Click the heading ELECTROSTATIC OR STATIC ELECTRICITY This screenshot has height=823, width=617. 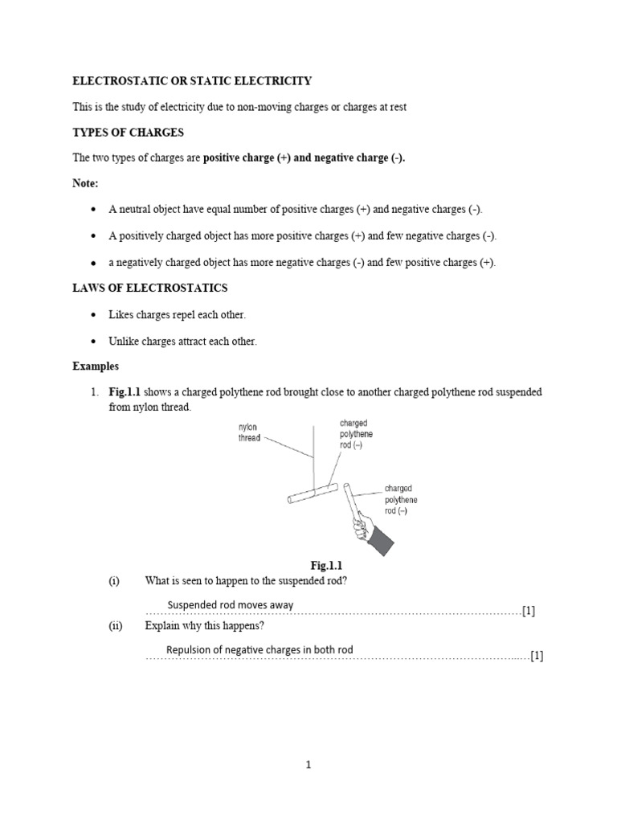tap(192, 81)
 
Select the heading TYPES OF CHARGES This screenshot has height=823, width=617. tap(129, 132)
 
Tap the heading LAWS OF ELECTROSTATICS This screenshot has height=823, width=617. tap(150, 288)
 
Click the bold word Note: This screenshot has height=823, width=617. tap(86, 183)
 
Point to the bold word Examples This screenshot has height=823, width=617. tap(96, 366)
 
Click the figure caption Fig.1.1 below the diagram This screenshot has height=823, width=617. tap(326, 565)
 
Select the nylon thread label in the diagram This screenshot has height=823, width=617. tap(249, 432)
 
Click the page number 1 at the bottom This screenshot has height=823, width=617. tap(308, 765)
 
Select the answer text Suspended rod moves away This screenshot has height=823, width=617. tap(230, 605)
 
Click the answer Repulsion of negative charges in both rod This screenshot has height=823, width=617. tap(259, 649)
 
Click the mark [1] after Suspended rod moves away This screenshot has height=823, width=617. tap(528, 611)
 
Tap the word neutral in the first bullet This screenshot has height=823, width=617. tap(133, 210)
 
